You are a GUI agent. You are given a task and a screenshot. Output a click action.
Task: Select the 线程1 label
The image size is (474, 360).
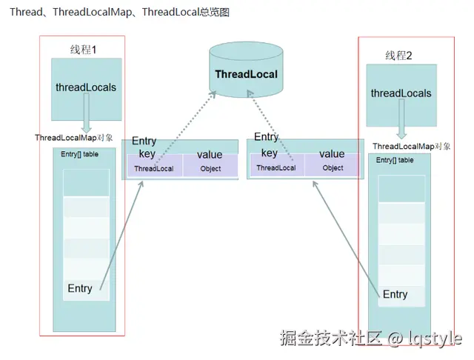tap(84, 50)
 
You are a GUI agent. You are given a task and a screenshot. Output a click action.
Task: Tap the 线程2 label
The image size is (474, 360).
tap(398, 56)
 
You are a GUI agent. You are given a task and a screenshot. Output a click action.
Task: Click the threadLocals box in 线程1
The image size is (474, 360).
tap(86, 87)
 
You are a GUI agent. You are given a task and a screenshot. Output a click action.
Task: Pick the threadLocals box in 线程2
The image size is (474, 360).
tap(401, 93)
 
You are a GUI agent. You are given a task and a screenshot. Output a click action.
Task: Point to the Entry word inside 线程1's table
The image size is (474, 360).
tap(80, 288)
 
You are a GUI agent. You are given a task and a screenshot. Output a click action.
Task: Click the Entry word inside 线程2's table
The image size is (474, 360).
tap(395, 294)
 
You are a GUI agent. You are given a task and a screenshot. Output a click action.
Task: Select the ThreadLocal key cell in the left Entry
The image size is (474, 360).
tap(154, 169)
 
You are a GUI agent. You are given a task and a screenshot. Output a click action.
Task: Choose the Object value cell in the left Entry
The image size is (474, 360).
tap(210, 169)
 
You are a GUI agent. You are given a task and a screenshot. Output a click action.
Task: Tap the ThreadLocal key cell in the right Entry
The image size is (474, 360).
tap(276, 168)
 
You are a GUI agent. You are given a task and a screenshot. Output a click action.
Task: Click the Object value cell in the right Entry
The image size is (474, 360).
tap(333, 168)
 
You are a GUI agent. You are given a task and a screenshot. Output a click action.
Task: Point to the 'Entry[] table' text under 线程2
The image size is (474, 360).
tap(395, 160)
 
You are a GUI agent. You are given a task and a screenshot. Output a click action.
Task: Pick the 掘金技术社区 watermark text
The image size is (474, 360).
tap(330, 339)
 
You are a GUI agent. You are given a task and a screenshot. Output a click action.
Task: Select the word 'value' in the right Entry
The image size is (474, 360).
tap(332, 153)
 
